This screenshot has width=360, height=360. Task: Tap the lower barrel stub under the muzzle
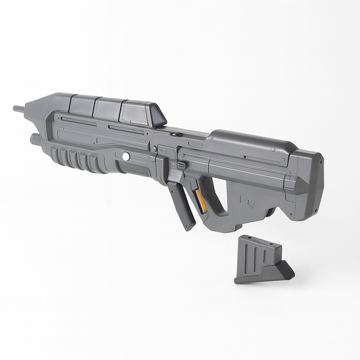34,139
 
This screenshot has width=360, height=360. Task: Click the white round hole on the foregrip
126,155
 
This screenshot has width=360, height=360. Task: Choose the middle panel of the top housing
107,108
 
